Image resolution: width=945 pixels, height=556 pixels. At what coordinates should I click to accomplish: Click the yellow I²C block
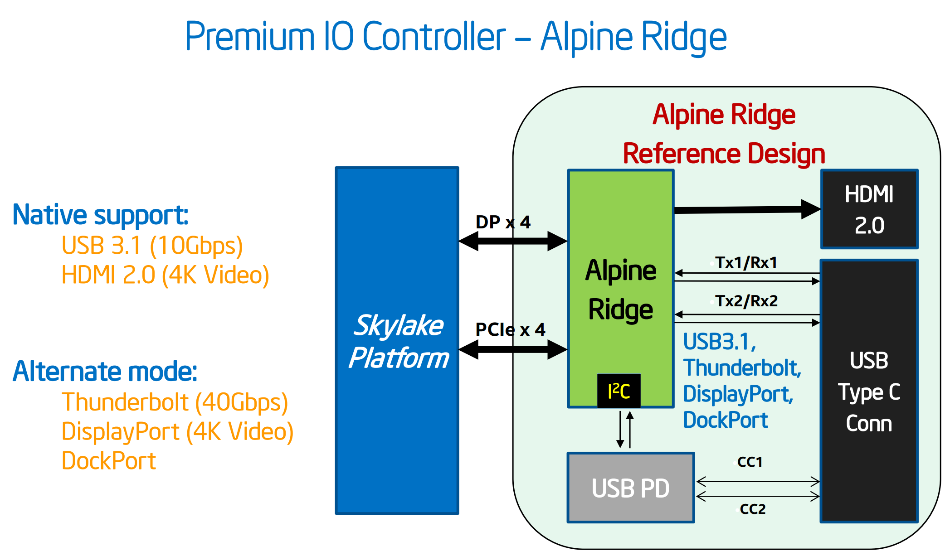[x=619, y=391]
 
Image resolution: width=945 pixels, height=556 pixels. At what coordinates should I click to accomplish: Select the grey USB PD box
[x=630, y=488]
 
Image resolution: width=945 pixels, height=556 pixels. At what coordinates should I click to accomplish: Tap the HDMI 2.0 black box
[x=869, y=209]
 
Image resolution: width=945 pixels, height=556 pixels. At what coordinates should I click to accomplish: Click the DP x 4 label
[x=503, y=222]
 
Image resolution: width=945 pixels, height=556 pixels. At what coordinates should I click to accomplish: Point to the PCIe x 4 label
[x=510, y=329]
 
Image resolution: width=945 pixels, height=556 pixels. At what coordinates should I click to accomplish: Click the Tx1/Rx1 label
[x=746, y=262]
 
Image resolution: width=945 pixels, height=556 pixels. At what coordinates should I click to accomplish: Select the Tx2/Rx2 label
[x=746, y=301]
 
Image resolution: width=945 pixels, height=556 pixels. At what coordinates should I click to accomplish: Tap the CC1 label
[x=750, y=462]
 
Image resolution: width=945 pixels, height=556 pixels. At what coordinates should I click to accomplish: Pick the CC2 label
[x=752, y=509]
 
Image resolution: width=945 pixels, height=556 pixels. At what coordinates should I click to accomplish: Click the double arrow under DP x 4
[x=513, y=241]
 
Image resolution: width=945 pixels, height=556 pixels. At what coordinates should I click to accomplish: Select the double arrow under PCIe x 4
[x=513, y=349]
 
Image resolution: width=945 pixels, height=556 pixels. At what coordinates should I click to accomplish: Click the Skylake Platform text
[x=398, y=341]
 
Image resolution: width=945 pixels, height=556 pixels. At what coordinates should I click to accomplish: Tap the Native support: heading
[x=100, y=215]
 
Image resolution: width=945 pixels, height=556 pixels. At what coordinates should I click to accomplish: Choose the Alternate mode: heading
[x=105, y=372]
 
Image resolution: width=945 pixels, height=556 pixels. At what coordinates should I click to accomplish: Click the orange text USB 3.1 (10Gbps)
[x=152, y=246]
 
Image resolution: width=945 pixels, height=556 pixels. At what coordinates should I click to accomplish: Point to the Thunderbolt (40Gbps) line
[x=175, y=402]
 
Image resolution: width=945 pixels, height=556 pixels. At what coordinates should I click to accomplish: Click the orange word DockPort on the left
[x=109, y=461]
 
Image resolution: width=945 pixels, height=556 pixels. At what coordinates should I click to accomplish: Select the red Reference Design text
[x=724, y=154]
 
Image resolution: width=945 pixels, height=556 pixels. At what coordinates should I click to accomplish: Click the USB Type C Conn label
[x=869, y=392]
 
